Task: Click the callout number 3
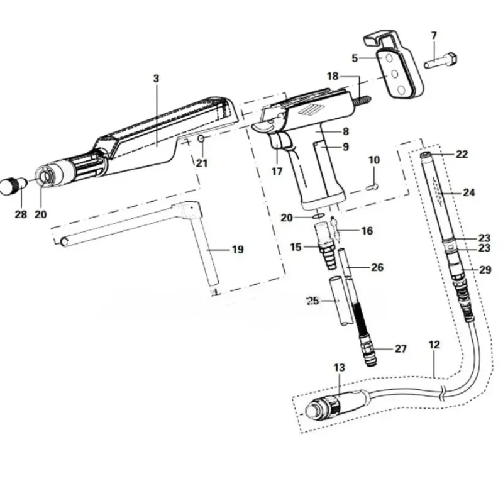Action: point(157,79)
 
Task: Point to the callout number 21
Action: point(201,163)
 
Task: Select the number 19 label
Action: point(237,250)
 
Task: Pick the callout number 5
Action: point(355,58)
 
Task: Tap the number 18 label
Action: point(333,76)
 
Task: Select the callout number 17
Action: point(276,170)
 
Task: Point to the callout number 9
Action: point(345,148)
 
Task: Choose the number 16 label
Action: point(367,231)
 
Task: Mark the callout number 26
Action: point(377,267)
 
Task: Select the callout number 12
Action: point(434,345)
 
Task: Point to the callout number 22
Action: point(462,155)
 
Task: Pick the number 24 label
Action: point(469,192)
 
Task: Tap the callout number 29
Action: point(485,270)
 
